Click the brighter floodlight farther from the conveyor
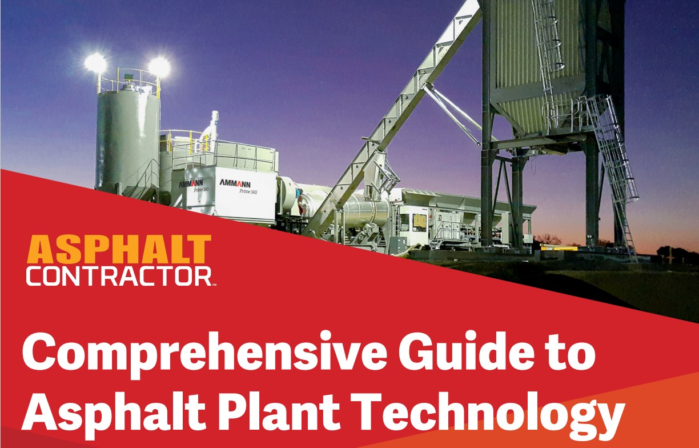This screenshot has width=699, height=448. tap(95, 62)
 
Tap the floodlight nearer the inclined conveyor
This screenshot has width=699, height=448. tap(159, 67)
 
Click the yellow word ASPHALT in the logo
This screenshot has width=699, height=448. tap(119, 250)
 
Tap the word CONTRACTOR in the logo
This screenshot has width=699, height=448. tap(118, 277)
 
